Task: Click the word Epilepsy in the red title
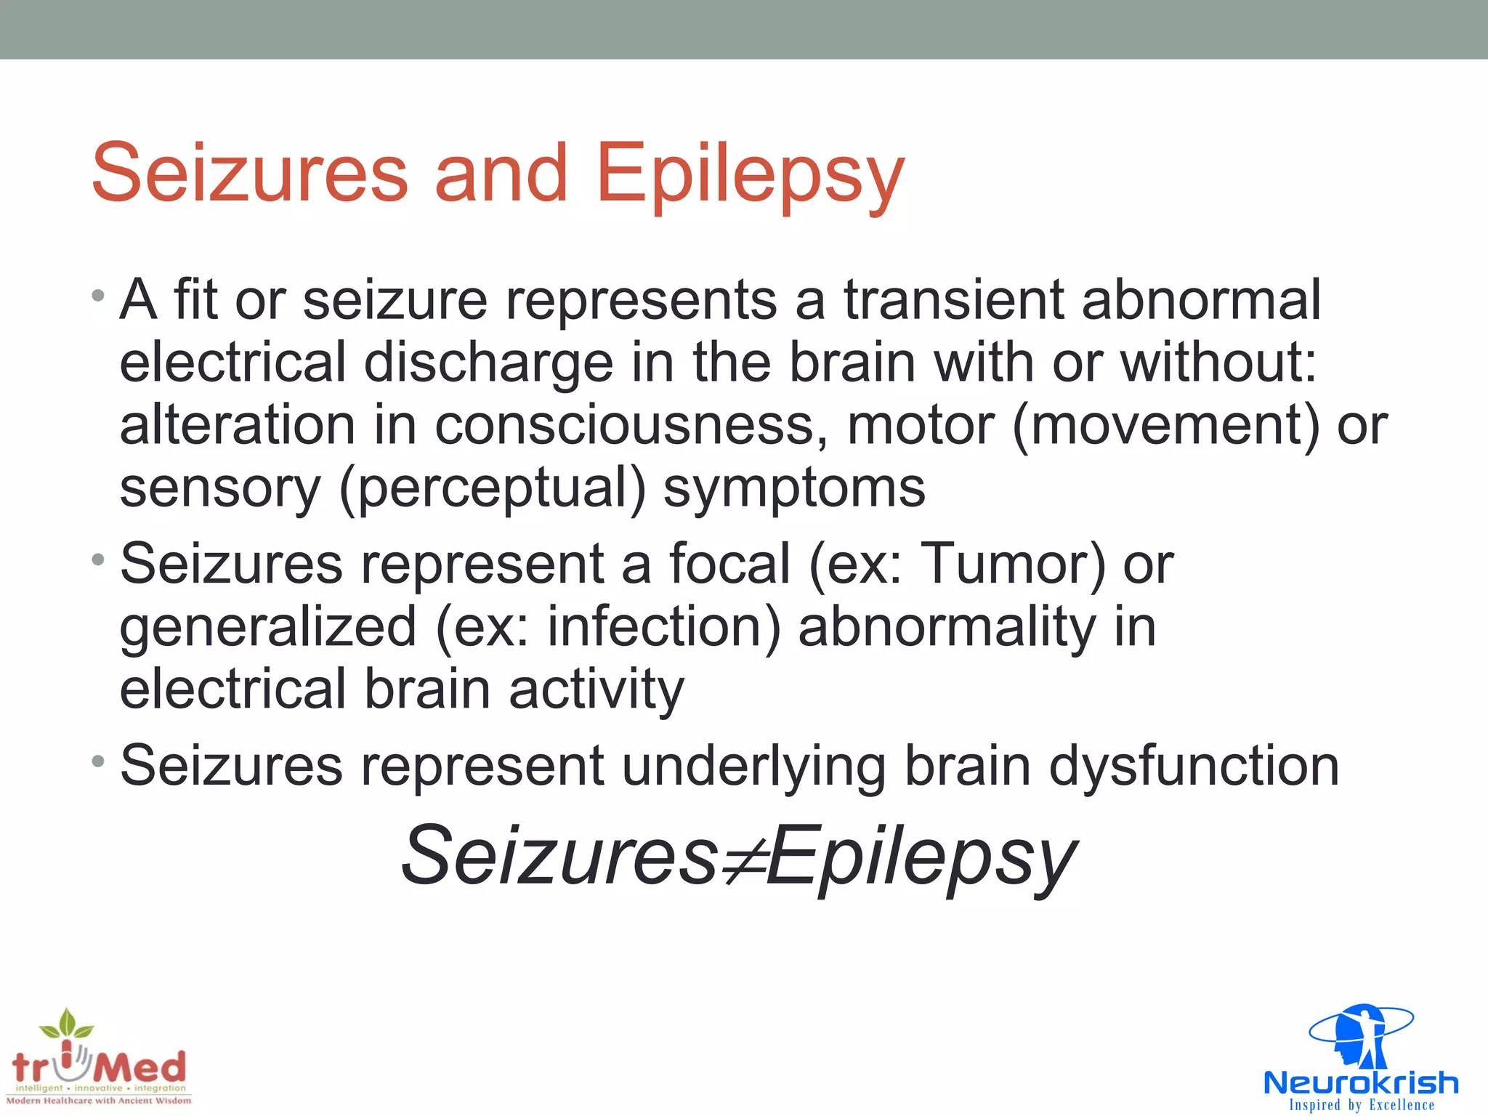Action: (x=750, y=174)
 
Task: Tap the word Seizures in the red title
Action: (x=250, y=174)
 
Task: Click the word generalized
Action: (x=268, y=626)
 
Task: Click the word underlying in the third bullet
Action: (x=753, y=766)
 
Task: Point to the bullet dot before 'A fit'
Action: (x=98, y=296)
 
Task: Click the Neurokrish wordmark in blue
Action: (x=1360, y=1083)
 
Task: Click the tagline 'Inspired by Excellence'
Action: (x=1362, y=1105)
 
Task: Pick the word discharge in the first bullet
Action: (x=488, y=363)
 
